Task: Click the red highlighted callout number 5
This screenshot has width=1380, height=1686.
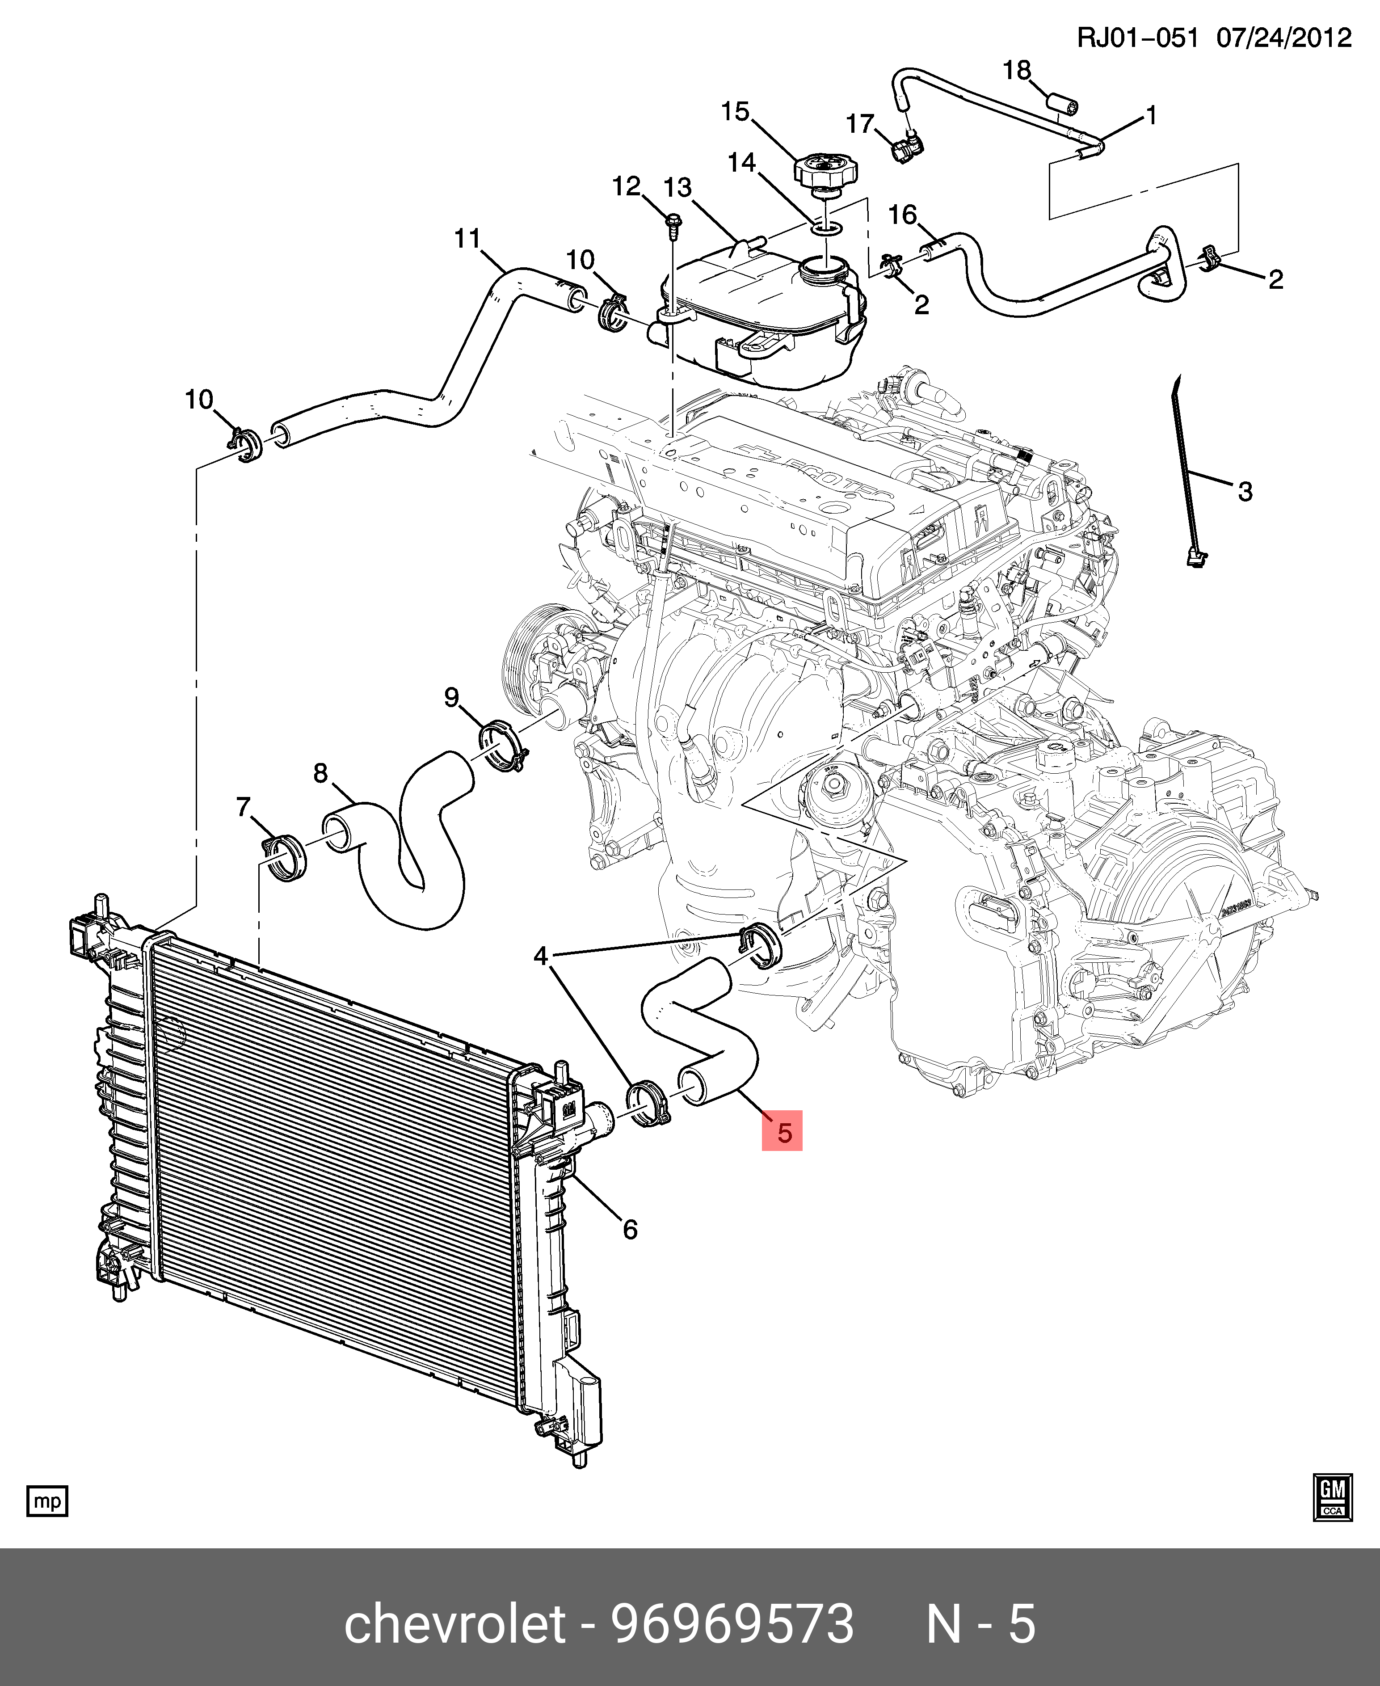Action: pyautogui.click(x=783, y=1132)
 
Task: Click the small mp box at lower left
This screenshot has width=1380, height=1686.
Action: pyautogui.click(x=48, y=1501)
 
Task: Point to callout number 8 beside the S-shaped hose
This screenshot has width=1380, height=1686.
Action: pyautogui.click(x=320, y=773)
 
